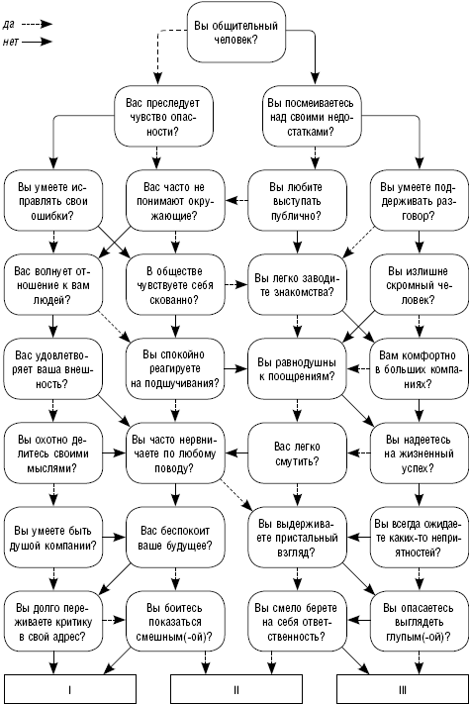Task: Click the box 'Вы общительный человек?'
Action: (236, 32)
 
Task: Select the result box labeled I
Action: (70, 689)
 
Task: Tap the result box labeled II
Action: (236, 689)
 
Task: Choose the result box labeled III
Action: (403, 689)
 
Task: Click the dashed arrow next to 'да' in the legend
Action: (38, 24)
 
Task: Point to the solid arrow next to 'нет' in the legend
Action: (38, 42)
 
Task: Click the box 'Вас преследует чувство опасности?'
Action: (163, 117)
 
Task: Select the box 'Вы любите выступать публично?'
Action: (297, 201)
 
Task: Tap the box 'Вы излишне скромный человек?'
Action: (420, 285)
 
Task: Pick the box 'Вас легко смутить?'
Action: (297, 453)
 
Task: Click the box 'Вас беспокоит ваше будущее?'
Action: (175, 538)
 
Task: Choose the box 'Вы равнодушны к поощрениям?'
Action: (297, 369)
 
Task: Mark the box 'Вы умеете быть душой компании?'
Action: (53, 538)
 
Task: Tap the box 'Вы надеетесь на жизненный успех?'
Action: (420, 453)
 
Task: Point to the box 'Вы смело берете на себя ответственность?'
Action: (297, 622)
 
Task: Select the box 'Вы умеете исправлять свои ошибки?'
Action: (53, 201)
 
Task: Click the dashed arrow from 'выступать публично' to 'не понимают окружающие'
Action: (236, 201)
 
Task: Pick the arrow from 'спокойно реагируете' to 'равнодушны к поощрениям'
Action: (236, 369)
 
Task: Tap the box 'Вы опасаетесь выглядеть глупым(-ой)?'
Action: (420, 622)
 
